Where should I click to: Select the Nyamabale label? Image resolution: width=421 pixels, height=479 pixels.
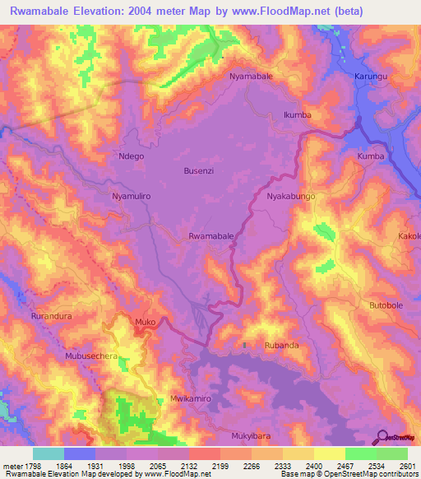[251, 76]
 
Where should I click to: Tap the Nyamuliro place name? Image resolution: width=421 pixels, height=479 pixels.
[132, 198]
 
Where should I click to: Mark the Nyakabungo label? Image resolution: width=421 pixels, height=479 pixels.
[291, 198]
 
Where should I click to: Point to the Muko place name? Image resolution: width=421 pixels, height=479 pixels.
[145, 322]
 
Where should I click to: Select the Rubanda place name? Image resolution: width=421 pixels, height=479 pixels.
[281, 346]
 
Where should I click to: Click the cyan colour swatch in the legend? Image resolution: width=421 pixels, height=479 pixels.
[49, 453]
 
